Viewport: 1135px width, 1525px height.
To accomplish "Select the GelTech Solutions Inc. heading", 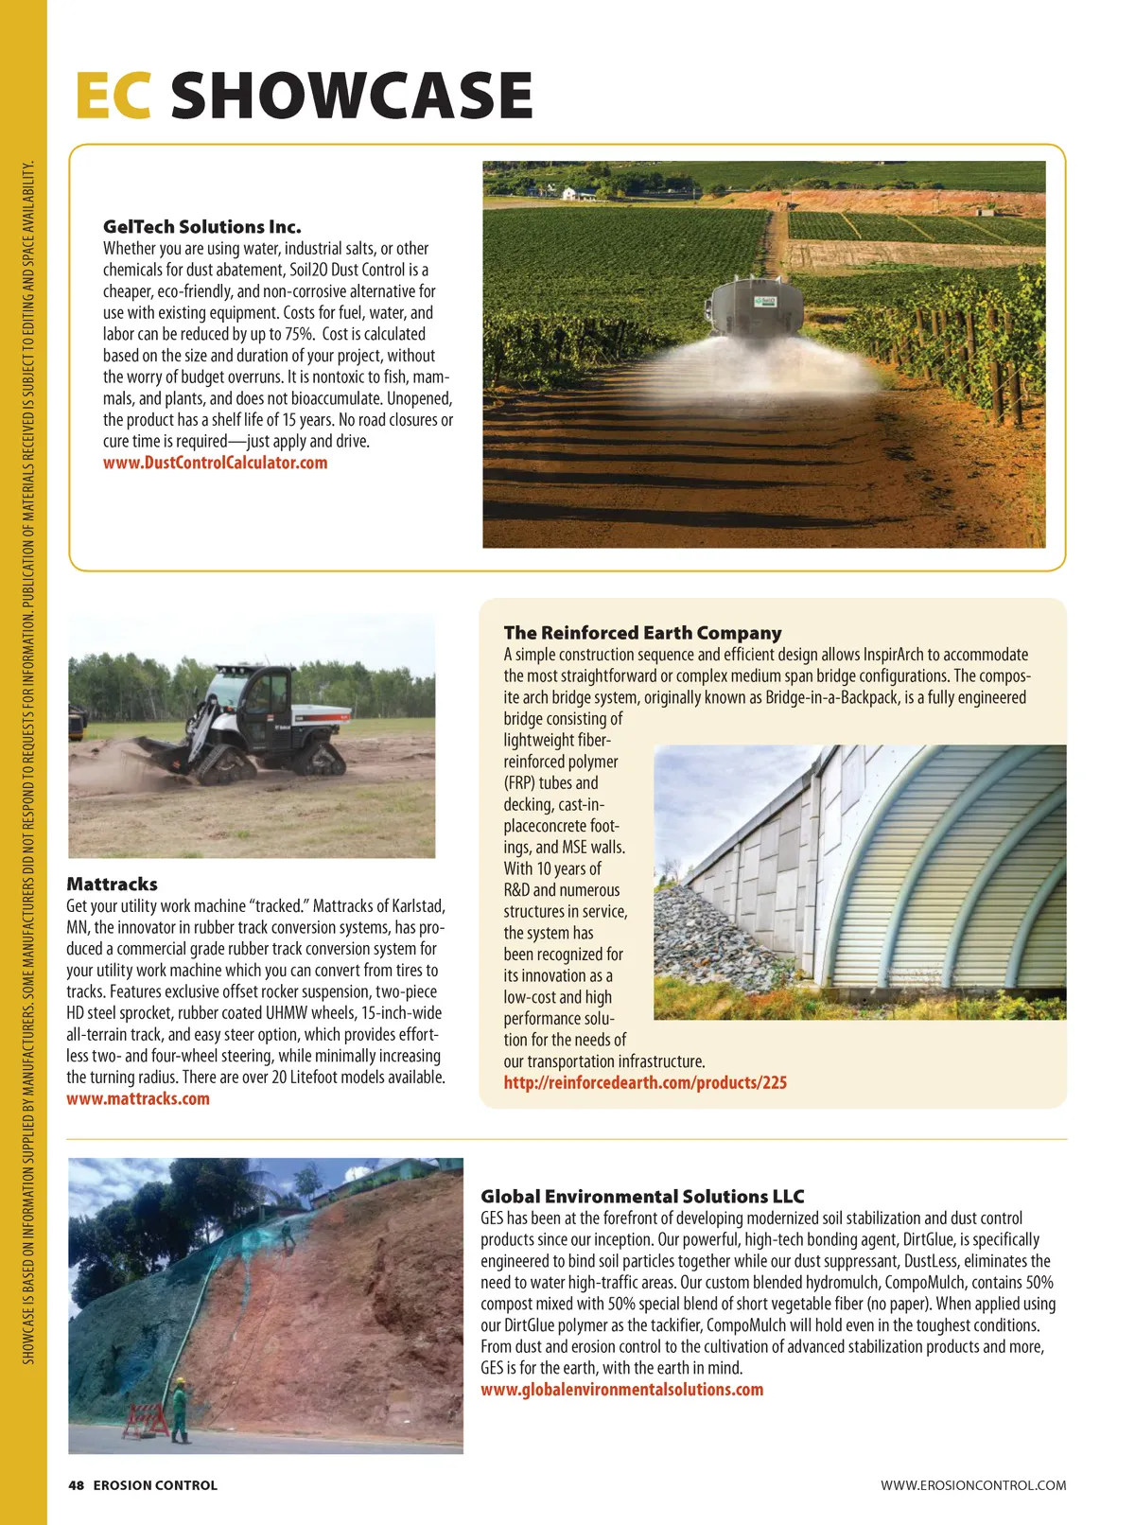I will pyautogui.click(x=202, y=227).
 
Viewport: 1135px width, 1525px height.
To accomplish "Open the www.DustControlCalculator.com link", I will pyautogui.click(x=216, y=463).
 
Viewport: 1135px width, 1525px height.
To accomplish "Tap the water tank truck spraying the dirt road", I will pyautogui.click(x=758, y=307).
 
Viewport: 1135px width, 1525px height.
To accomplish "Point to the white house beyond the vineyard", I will pyautogui.click(x=569, y=193).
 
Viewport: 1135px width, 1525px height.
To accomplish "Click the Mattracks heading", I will pyautogui.click(x=112, y=884).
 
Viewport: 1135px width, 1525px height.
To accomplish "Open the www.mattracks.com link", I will pyautogui.click(x=138, y=1098).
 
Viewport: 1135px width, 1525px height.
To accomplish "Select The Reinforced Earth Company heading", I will pyautogui.click(x=642, y=633).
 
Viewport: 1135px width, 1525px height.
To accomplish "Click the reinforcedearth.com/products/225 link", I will pyautogui.click(x=645, y=1082).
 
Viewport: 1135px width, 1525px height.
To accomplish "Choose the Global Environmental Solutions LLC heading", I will pyautogui.click(x=642, y=1197).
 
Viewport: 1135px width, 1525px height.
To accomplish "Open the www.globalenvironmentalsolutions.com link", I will pyautogui.click(x=621, y=1390).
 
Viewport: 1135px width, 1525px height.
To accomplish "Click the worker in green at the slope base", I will pyautogui.click(x=179, y=1410).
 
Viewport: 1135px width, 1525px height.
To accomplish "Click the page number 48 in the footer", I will pyautogui.click(x=76, y=1485).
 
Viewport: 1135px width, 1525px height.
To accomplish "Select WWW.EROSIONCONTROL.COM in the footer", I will pyautogui.click(x=972, y=1485).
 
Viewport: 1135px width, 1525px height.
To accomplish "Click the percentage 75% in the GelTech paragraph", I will pyautogui.click(x=298, y=334).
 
